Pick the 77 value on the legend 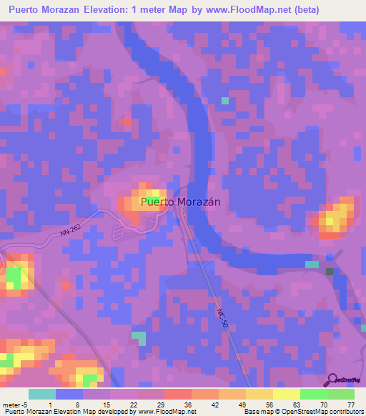point(350,405)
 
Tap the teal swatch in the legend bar point(42,394)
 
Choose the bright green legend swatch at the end point(341,394)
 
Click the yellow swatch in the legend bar point(287,394)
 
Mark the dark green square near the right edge point(330,272)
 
